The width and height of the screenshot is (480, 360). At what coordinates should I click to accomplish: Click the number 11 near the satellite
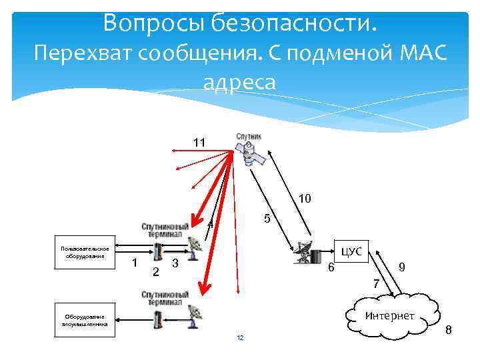199,143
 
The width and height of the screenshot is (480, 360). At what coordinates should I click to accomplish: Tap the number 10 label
304,198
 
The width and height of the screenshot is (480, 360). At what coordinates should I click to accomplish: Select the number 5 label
266,219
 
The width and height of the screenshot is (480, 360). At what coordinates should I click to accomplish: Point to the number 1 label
135,263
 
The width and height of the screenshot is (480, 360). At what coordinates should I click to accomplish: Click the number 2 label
156,271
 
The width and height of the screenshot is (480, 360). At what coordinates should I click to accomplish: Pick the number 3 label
175,263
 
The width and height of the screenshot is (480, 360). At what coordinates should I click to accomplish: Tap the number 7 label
377,284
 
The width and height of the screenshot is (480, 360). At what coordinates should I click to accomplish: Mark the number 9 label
402,267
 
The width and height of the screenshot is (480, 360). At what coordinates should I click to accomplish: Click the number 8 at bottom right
448,329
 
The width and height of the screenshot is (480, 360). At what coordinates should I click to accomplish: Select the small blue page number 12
240,339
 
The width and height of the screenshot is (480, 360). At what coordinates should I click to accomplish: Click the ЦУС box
351,251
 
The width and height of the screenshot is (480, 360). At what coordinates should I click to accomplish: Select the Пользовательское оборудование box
85,252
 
